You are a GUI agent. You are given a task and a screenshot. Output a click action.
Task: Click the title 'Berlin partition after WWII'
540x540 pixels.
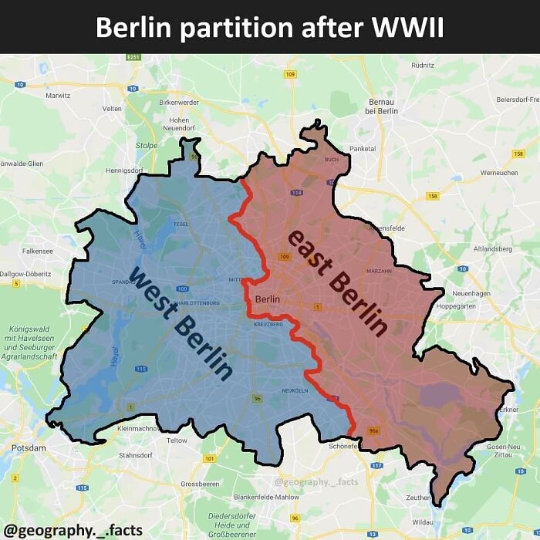(269, 27)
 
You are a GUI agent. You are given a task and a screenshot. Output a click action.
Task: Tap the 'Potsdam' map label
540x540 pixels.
(29, 447)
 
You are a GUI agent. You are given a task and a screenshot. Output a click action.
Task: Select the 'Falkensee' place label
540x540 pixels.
(37, 251)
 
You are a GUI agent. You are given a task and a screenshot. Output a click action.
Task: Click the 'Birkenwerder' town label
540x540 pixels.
(178, 102)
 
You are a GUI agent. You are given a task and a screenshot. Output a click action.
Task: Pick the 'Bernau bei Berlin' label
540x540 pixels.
(383, 106)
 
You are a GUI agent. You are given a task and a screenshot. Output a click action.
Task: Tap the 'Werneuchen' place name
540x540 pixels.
(499, 173)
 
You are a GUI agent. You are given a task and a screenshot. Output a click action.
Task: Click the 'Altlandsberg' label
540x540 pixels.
(492, 249)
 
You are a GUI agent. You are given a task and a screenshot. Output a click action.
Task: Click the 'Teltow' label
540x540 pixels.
(177, 440)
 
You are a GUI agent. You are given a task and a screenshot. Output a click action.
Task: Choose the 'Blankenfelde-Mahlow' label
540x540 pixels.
(266, 497)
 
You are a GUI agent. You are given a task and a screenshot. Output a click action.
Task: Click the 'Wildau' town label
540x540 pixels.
(423, 522)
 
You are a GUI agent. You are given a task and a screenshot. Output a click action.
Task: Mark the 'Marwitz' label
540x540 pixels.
(59, 96)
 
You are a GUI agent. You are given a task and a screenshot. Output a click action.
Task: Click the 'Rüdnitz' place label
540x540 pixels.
(424, 66)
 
